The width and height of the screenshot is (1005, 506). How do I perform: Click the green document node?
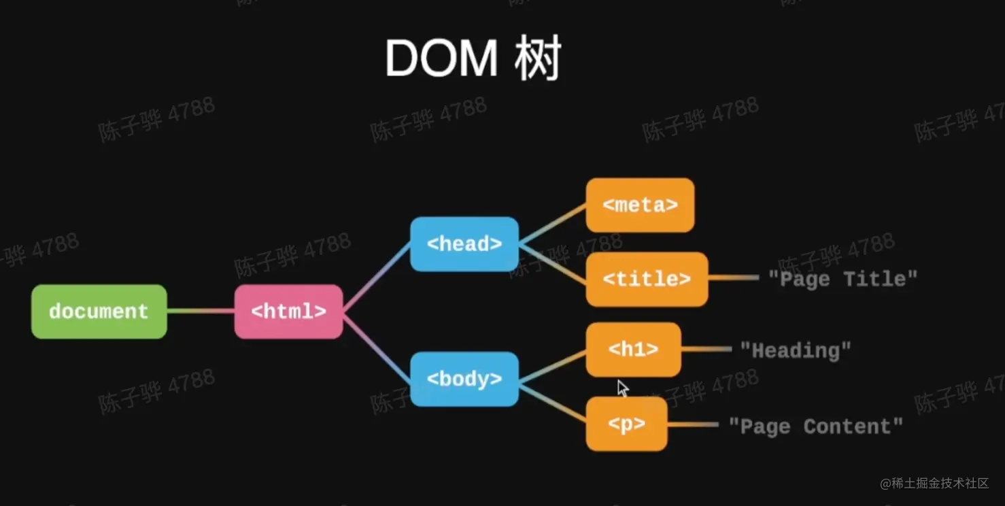pyautogui.click(x=99, y=311)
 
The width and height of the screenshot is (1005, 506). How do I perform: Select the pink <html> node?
pyautogui.click(x=288, y=311)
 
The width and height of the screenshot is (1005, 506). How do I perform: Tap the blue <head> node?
pyautogui.click(x=464, y=243)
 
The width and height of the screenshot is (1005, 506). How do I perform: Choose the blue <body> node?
pyautogui.click(x=464, y=379)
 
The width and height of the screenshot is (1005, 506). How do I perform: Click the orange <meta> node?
pyautogui.click(x=640, y=205)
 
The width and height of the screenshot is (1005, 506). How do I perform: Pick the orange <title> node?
pyautogui.click(x=647, y=279)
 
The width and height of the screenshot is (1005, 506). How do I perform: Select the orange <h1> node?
pyautogui.click(x=633, y=350)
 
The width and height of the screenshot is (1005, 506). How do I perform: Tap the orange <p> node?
pyautogui.click(x=626, y=424)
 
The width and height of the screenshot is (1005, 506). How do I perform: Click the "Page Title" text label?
pyautogui.click(x=842, y=279)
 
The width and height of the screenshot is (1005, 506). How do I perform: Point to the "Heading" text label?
pyautogui.click(x=795, y=350)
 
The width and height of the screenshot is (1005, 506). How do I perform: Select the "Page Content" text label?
pyautogui.click(x=815, y=426)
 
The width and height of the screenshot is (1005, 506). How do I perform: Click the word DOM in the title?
pyautogui.click(x=441, y=59)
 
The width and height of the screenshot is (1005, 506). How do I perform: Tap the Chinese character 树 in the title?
pyautogui.click(x=538, y=59)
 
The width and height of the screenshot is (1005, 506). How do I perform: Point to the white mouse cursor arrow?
pyautogui.click(x=622, y=388)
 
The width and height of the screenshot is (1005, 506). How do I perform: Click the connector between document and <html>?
pyautogui.click(x=201, y=311)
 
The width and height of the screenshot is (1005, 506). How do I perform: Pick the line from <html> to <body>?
pyautogui.click(x=376, y=345)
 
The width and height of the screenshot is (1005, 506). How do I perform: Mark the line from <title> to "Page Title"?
pyautogui.click(x=733, y=278)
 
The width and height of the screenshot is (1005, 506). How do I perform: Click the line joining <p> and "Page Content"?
pyautogui.click(x=692, y=424)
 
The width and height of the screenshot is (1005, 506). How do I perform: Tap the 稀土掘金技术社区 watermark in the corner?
pyautogui.click(x=934, y=484)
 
